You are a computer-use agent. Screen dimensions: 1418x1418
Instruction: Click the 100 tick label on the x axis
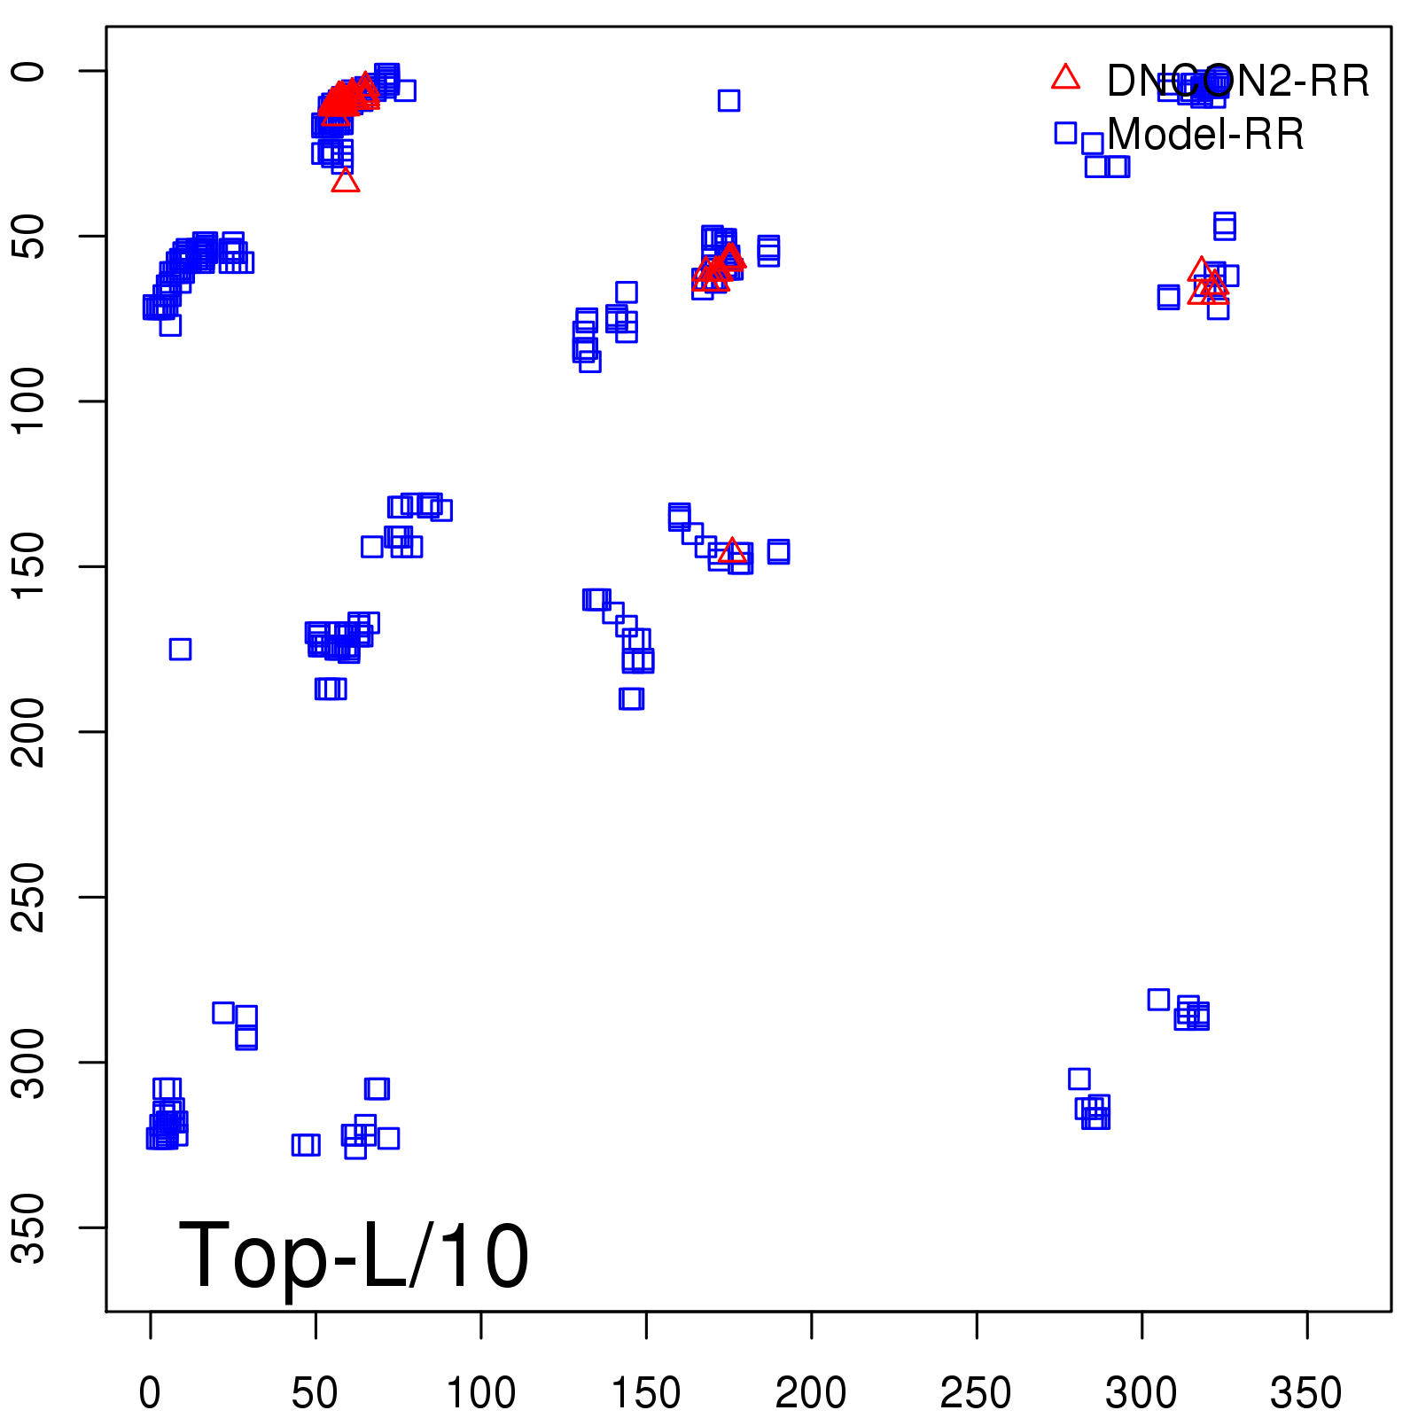(x=480, y=1394)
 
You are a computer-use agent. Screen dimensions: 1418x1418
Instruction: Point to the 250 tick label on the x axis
(x=976, y=1394)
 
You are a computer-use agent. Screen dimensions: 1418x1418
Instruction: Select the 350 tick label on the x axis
(x=1306, y=1394)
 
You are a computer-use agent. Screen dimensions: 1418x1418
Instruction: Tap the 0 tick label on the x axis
(x=150, y=1394)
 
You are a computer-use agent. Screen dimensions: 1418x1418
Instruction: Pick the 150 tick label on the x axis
(x=646, y=1394)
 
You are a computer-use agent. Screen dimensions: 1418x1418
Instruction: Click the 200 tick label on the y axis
(x=30, y=732)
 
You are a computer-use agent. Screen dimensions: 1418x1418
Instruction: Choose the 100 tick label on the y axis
(x=30, y=401)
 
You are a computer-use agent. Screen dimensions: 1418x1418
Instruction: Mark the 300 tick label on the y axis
(x=30, y=1063)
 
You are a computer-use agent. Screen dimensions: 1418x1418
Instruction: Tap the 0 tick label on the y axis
(x=30, y=71)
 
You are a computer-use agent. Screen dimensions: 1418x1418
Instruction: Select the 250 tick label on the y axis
(x=30, y=897)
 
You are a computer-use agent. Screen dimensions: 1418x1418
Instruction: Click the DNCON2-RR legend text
(x=1238, y=82)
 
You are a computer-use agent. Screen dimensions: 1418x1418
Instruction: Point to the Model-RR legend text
(x=1205, y=135)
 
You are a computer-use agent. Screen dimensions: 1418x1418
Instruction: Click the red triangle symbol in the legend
(x=1065, y=78)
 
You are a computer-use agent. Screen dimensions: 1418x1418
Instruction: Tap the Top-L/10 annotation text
(x=354, y=1256)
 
